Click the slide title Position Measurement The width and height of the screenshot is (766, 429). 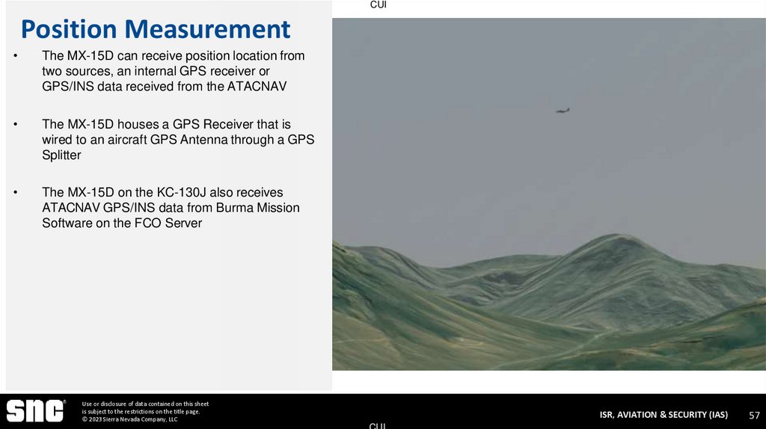click(155, 29)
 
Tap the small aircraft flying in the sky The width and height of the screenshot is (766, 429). click(563, 111)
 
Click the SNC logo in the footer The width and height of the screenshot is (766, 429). click(34, 411)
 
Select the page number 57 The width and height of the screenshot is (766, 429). click(754, 415)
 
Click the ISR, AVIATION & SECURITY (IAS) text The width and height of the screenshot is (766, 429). click(663, 415)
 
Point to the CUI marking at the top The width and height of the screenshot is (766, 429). click(379, 5)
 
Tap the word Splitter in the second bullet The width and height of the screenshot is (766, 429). click(61, 155)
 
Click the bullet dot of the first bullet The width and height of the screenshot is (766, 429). click(15, 56)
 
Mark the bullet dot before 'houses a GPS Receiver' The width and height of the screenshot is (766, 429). click(15, 125)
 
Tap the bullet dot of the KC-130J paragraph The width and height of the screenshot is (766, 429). click(15, 193)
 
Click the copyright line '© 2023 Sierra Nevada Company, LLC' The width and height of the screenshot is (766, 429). click(129, 419)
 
